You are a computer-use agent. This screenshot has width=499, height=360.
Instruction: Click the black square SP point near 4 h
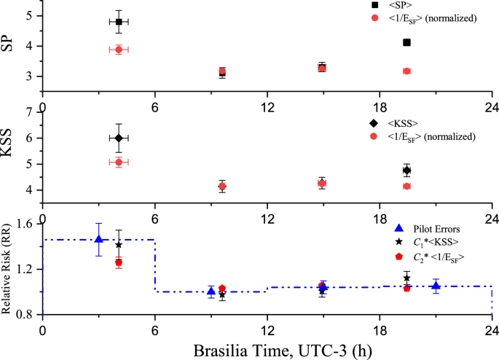(119, 22)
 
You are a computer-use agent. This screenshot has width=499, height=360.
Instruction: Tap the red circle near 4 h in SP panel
(119, 50)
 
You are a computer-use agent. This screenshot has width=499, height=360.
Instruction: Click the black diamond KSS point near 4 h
(119, 138)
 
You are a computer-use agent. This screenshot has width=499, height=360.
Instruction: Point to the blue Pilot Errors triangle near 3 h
(99, 239)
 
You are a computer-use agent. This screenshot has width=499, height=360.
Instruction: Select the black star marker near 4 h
(119, 245)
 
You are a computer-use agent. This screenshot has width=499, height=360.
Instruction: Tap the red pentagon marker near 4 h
(119, 262)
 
